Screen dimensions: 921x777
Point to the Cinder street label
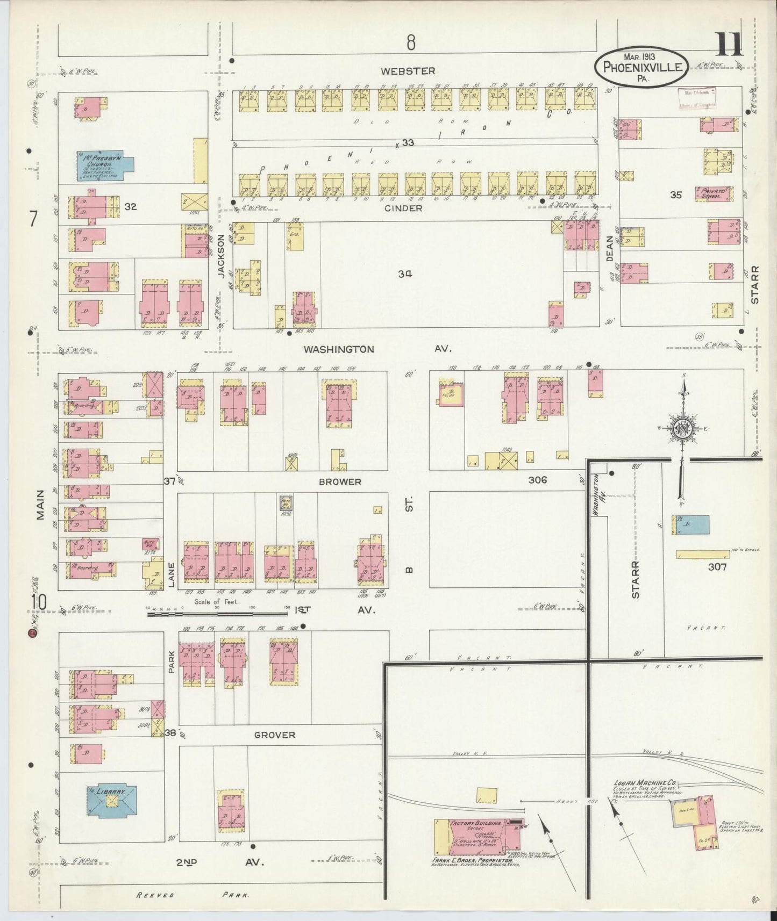[404, 208]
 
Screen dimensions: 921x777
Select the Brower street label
[340, 481]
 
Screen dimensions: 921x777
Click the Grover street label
[275, 735]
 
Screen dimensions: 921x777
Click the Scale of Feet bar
[218, 612]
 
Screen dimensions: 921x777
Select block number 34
[405, 274]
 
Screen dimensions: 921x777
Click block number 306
[537, 480]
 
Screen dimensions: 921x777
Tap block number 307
[717, 566]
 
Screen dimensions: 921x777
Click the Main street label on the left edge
[41, 508]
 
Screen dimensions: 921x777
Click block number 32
[130, 206]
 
